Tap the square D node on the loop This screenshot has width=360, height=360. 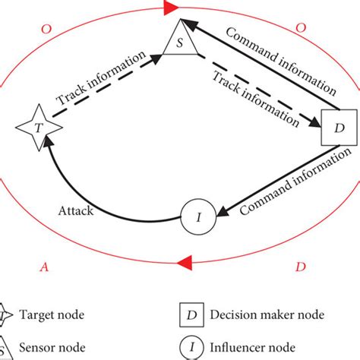click(339, 128)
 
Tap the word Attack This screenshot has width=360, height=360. click(74, 210)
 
